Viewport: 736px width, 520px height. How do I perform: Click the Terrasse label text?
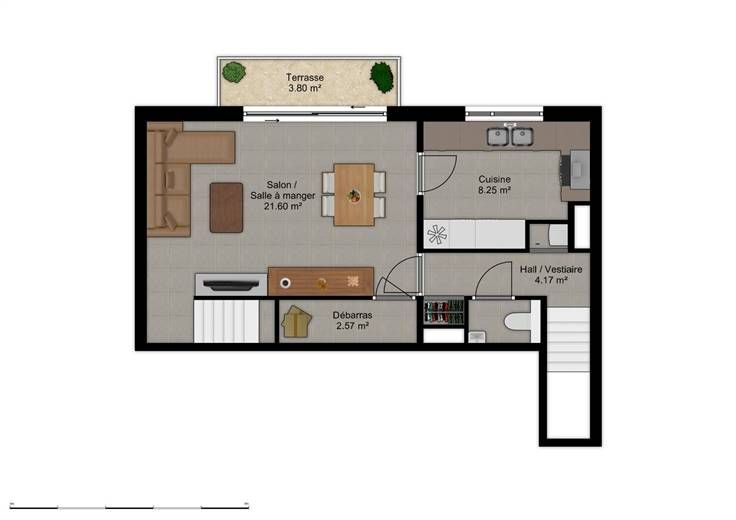pos(305,77)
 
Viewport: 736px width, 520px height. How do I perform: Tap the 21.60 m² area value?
pos(283,206)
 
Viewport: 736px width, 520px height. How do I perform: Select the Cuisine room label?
pos(494,179)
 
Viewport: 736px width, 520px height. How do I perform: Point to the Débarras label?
pos(352,315)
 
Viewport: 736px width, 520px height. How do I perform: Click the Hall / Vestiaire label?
pos(551,269)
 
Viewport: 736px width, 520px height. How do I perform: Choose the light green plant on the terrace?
pos(234,73)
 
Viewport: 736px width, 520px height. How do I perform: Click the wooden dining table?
pos(354,194)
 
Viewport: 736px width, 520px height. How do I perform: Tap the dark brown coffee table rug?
pos(226,207)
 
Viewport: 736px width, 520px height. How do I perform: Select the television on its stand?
pos(231,285)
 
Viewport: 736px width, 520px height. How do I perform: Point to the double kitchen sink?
pos(510,136)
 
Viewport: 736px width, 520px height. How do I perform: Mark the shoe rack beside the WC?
pos(444,313)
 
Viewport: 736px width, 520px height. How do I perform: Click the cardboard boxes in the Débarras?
pos(296,321)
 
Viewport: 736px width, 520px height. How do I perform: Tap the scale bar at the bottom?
pos(129,507)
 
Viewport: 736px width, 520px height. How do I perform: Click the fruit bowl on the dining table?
pos(354,196)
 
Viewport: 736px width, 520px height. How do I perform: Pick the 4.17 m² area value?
pos(551,280)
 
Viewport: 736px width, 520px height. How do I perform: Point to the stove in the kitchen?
pos(575,170)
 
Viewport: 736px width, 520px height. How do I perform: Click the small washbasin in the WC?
pos(477,337)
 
